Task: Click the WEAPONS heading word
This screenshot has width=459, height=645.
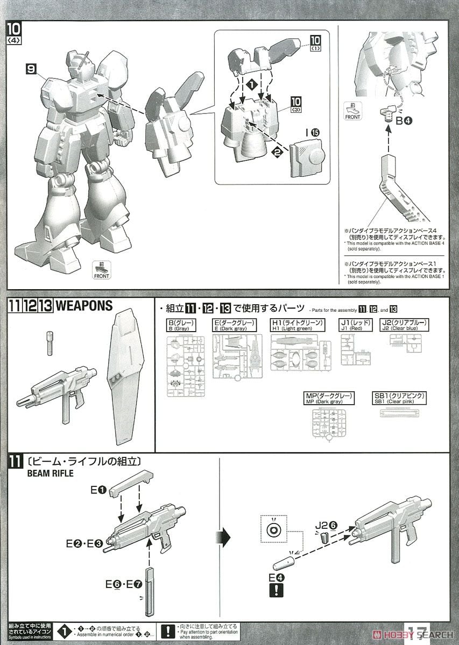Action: (x=84, y=306)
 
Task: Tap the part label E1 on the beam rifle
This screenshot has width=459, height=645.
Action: (x=100, y=490)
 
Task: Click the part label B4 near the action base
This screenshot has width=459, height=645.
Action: (x=404, y=121)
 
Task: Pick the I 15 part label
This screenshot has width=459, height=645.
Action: (x=312, y=131)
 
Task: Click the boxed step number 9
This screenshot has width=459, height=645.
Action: (x=32, y=69)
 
